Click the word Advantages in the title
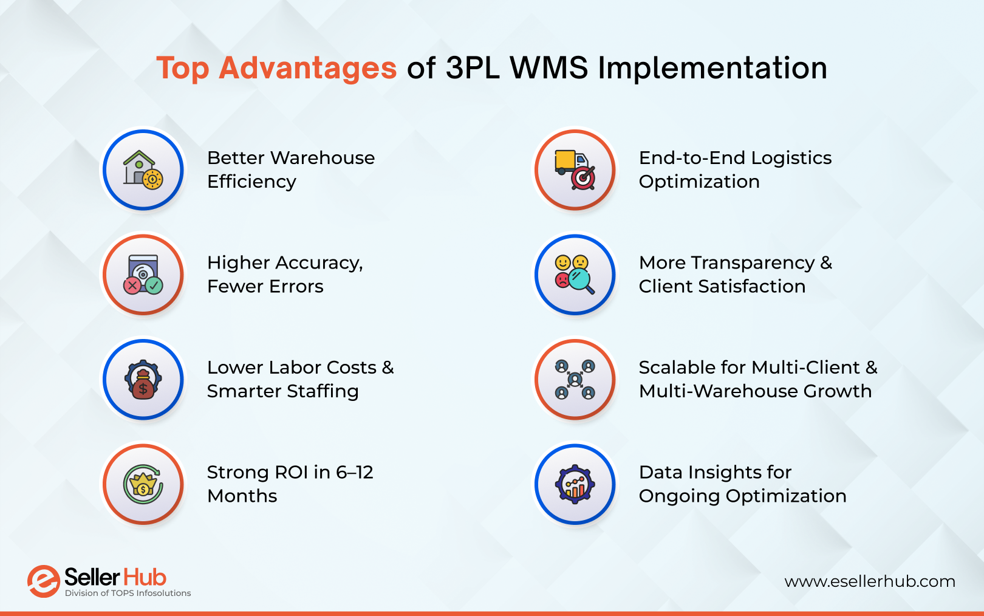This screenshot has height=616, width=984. coord(307,68)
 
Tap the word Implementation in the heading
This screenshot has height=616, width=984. coord(712,68)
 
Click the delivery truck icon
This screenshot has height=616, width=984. coord(575,170)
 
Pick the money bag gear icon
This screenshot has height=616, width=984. coord(143,380)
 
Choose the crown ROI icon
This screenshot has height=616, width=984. coord(143,484)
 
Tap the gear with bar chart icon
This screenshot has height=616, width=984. coord(575,484)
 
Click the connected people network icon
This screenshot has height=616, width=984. coord(575,380)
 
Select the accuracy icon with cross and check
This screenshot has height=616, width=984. coord(143,275)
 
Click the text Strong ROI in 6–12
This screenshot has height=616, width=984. coord(290,472)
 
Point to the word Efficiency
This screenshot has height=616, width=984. coord(251,182)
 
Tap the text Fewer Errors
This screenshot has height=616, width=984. coord(265,286)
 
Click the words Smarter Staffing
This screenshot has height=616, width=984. coord(282,391)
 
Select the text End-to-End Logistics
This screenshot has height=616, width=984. coord(735,158)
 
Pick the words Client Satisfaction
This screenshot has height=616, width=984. coord(722,286)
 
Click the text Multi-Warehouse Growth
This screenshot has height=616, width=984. coord(755,391)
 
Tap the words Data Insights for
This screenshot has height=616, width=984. coord(715,472)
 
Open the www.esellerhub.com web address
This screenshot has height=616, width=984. coord(869,581)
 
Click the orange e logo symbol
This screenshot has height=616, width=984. coord(43,581)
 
